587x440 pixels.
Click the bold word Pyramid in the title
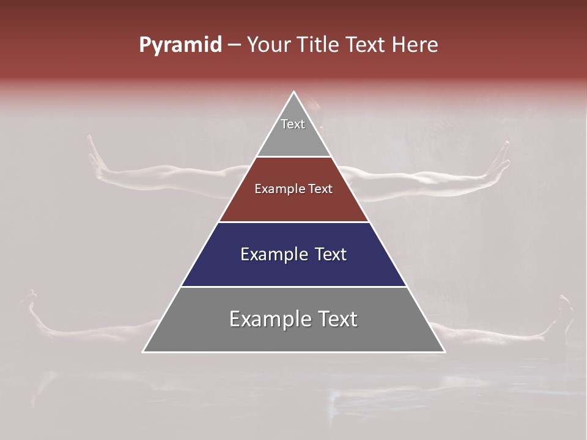click(x=180, y=45)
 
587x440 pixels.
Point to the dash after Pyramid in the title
click(x=234, y=45)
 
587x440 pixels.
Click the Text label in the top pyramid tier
click(x=293, y=124)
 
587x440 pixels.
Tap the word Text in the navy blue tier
click(x=331, y=254)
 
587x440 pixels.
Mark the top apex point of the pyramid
click(x=294, y=92)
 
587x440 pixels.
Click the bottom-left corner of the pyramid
click(x=143, y=352)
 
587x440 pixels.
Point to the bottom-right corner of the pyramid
click(x=445, y=352)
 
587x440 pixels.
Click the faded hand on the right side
click(x=500, y=160)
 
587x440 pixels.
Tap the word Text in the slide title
click(x=366, y=45)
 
